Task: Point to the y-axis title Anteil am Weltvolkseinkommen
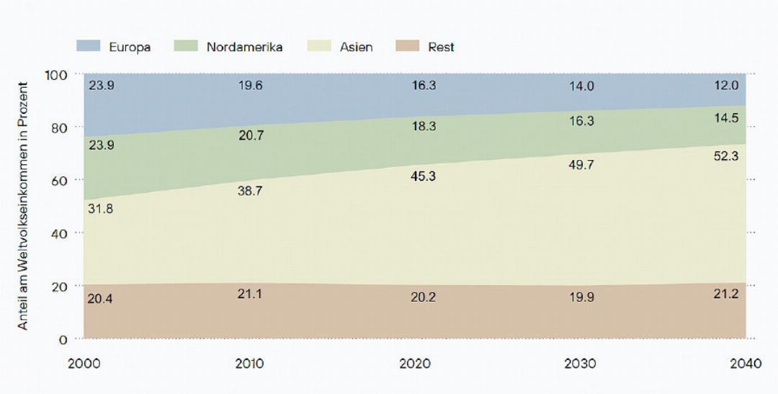[23, 205]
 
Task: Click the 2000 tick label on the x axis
[84, 364]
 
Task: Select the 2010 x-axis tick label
[250, 364]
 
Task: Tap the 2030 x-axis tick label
[581, 364]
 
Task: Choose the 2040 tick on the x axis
[746, 364]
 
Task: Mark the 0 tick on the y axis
[63, 339]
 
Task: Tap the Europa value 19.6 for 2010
[250, 86]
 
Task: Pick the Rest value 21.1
[250, 294]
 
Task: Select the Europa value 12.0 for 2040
[725, 86]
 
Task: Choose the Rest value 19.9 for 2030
[581, 297]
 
